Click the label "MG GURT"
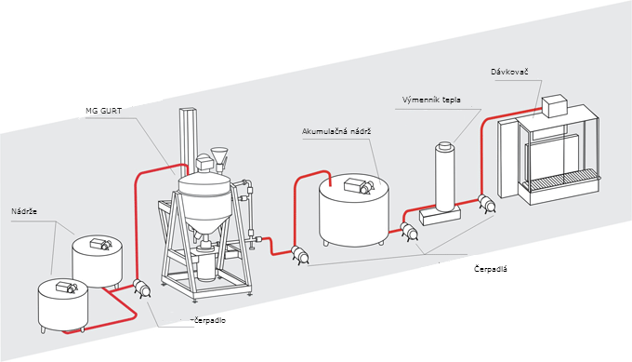pos(103,111)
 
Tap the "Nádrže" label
pos(24,211)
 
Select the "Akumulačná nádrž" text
pos(336,131)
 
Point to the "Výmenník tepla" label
pos(431,100)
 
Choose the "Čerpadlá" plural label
pos(491,269)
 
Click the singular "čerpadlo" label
pos(210,320)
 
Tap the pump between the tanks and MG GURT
pos(141,288)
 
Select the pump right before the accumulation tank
pos(299,255)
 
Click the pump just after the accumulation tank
pos(409,232)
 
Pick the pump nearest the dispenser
pos(486,204)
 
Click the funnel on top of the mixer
pos(219,156)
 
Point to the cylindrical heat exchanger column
pos(445,176)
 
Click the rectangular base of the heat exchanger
pos(440,215)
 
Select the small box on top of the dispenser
pos(555,106)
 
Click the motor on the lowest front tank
pos(67,287)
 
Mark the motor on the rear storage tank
pos(100,244)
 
